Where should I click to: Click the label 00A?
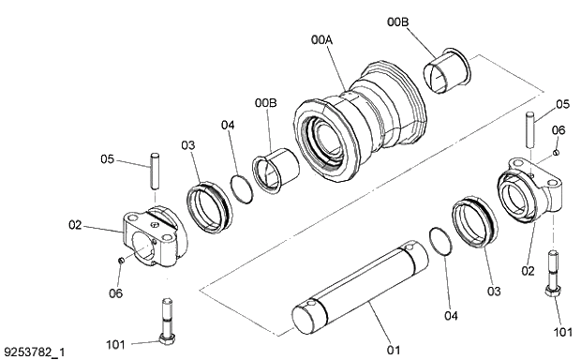click(x=322, y=40)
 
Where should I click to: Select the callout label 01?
click(x=394, y=350)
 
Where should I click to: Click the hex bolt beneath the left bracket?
click(x=168, y=319)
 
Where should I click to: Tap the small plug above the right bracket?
click(x=557, y=152)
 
